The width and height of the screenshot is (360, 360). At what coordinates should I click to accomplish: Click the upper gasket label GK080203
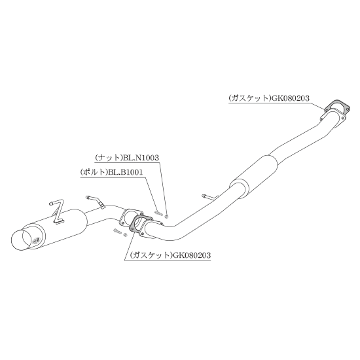tap(269, 98)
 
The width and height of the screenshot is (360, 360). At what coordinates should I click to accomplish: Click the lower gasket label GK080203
tap(170, 255)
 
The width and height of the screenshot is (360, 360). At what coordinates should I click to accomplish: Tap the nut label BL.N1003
tap(127, 158)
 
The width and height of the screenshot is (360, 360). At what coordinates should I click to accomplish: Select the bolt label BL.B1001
tap(111, 172)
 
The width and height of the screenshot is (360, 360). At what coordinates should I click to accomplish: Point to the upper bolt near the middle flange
tap(158, 213)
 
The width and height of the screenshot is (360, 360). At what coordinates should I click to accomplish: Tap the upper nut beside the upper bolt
tap(167, 215)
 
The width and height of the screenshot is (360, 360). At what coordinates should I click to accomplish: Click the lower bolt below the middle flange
tap(117, 231)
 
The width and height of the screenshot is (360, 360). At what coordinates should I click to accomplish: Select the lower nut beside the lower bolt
tap(126, 234)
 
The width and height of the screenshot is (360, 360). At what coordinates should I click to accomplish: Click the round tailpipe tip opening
tap(21, 240)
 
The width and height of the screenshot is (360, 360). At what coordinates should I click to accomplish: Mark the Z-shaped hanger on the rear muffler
tap(56, 212)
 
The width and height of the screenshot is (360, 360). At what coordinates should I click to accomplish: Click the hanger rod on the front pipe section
tap(210, 197)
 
